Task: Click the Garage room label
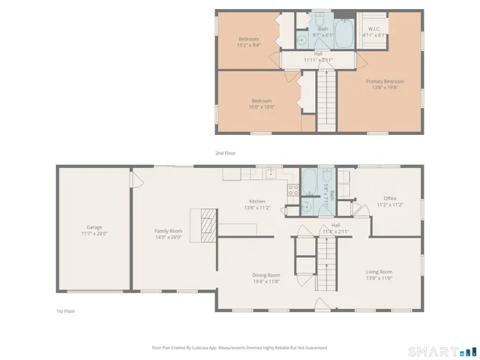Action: click(x=94, y=227)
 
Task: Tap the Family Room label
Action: click(x=168, y=231)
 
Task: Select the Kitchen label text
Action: click(x=257, y=201)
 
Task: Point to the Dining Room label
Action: click(x=265, y=274)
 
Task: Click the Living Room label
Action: click(x=379, y=271)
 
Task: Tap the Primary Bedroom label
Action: click(x=385, y=81)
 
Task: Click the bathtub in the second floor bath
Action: click(x=344, y=34)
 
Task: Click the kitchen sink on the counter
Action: click(x=271, y=175)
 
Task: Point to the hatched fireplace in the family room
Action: click(x=207, y=222)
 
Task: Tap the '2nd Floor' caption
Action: click(x=225, y=153)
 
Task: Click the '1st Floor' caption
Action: click(x=65, y=310)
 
